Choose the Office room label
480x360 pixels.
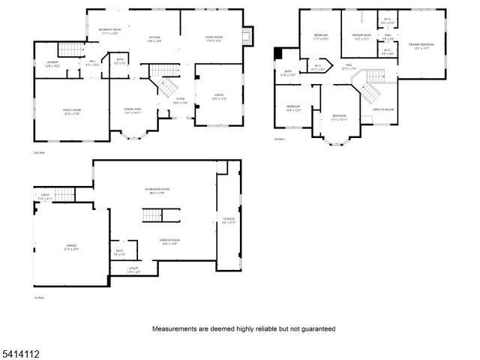tap(219, 96)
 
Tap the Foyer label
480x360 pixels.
tap(181, 100)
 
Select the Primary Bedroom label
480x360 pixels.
tap(423, 46)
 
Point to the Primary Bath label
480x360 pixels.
tap(363, 36)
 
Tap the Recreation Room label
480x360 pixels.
tap(157, 190)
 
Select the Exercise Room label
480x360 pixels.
tap(169, 241)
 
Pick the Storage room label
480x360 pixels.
tap(229, 220)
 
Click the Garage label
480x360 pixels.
tap(71, 247)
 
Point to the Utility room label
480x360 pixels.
tap(133, 270)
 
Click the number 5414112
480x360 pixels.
tap(19, 351)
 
